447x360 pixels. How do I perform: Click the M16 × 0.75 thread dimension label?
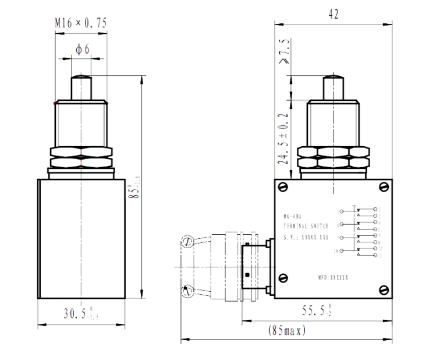[81, 23]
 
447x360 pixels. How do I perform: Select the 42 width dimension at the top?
[333, 13]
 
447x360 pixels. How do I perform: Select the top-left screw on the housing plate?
[282, 186]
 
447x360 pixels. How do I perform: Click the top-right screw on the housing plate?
[383, 186]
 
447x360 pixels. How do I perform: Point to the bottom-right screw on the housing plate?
[383, 289]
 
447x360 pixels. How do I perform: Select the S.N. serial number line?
[305, 236]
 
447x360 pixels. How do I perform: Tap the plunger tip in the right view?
[333, 86]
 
